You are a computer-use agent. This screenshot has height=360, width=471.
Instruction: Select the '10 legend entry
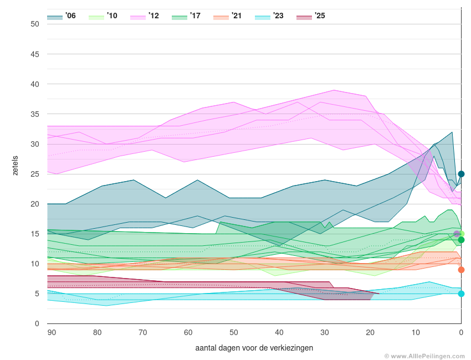(x=103, y=16)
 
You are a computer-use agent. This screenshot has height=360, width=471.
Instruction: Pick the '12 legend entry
(x=145, y=16)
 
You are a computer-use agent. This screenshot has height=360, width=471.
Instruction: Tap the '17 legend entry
(x=186, y=16)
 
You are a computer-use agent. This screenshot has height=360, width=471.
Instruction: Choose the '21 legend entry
(x=228, y=16)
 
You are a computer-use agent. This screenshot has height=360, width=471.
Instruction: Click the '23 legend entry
(x=269, y=16)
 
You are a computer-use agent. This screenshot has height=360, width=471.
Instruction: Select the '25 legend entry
(x=311, y=16)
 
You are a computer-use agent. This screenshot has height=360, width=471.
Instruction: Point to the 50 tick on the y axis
(x=35, y=24)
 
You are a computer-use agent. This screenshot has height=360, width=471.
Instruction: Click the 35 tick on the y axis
(x=35, y=114)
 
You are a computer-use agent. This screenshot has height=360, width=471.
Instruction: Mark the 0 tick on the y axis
(x=37, y=323)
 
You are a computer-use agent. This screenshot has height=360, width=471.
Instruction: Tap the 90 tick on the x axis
(x=52, y=332)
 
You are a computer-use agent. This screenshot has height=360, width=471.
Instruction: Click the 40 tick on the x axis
(x=279, y=332)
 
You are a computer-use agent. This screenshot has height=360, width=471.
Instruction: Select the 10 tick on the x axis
(x=416, y=332)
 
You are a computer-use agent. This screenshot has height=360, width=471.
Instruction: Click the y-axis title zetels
(x=16, y=166)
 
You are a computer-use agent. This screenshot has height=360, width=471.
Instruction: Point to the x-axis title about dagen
(x=254, y=348)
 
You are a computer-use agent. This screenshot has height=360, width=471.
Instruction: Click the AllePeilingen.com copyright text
(x=424, y=356)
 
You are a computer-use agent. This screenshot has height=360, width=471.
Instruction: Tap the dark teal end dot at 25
(x=461, y=174)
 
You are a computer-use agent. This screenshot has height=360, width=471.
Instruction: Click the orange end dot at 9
(x=461, y=270)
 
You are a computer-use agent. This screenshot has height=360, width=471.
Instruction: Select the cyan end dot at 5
(x=461, y=294)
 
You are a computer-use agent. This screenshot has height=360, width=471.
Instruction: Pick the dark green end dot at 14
(x=461, y=240)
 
